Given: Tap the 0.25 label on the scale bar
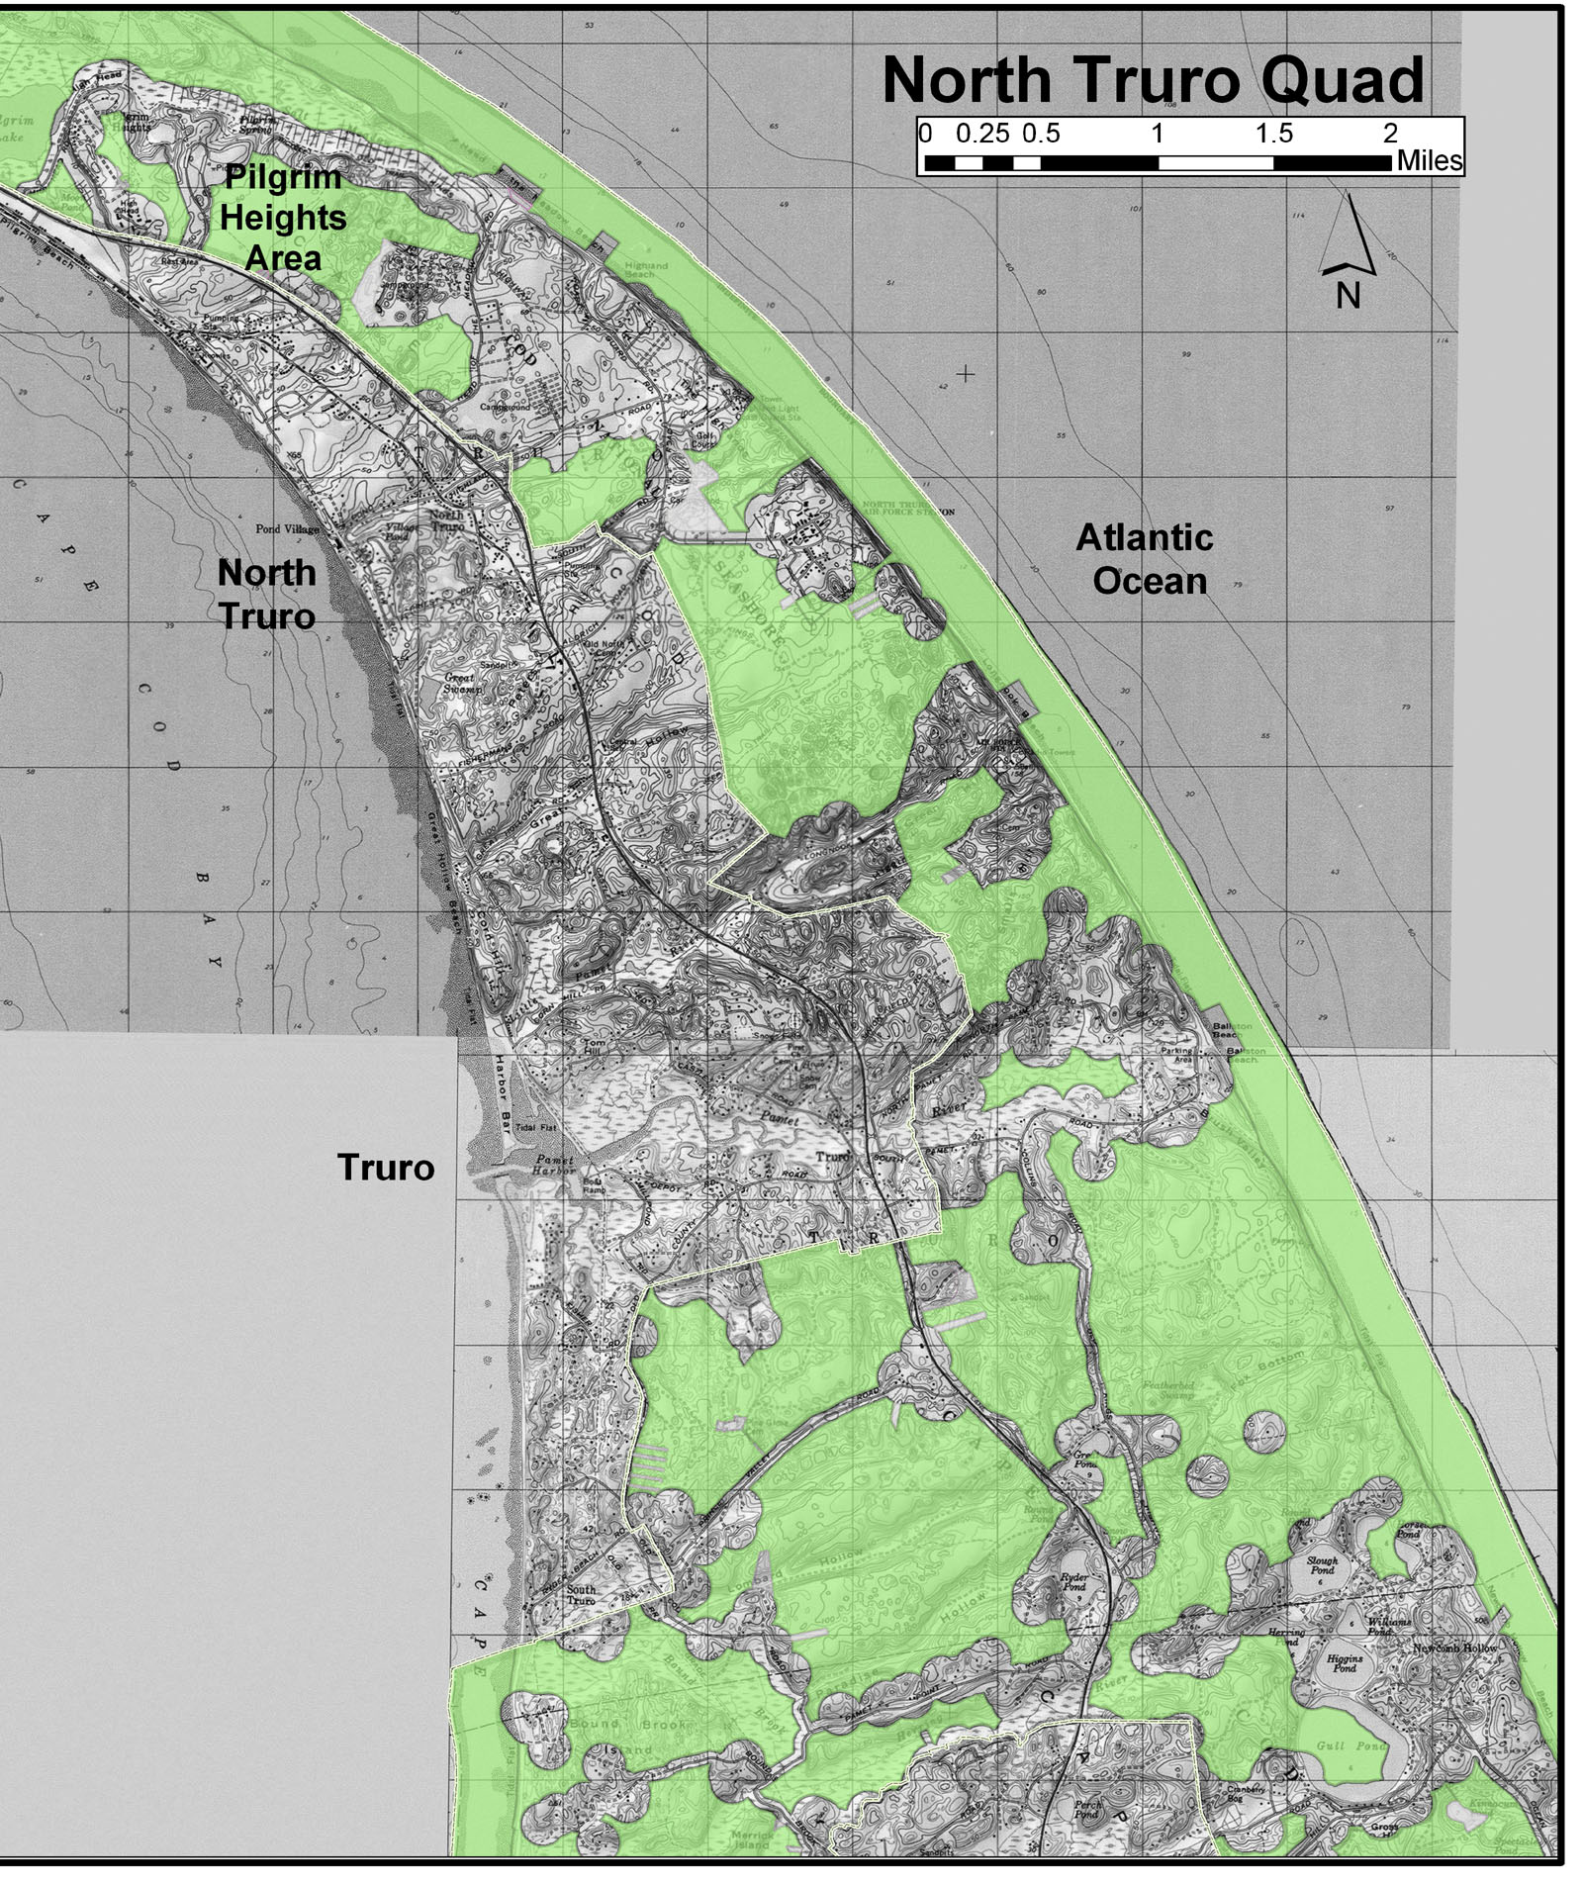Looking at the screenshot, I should pyautogui.click(x=981, y=134).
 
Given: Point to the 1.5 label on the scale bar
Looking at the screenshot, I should pyautogui.click(x=1273, y=134).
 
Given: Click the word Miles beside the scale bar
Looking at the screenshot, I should pyautogui.click(x=1430, y=160).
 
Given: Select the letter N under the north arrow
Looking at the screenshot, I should pyautogui.click(x=1348, y=295).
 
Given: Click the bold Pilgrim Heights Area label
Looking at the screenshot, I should pyautogui.click(x=283, y=218).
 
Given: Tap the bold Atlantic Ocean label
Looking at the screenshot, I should pyautogui.click(x=1145, y=559).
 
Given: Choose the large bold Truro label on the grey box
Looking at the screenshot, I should pyautogui.click(x=386, y=1168).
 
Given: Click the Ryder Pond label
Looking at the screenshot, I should pyautogui.click(x=1073, y=1582).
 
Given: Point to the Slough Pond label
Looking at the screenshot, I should pyautogui.click(x=1322, y=1565).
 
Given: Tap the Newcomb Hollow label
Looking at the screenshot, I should pyautogui.click(x=1454, y=1649).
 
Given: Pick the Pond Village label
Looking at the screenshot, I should pyautogui.click(x=287, y=529).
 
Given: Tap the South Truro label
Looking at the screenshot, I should pyautogui.click(x=581, y=1595).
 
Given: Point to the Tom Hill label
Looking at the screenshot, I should pyautogui.click(x=594, y=1048).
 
